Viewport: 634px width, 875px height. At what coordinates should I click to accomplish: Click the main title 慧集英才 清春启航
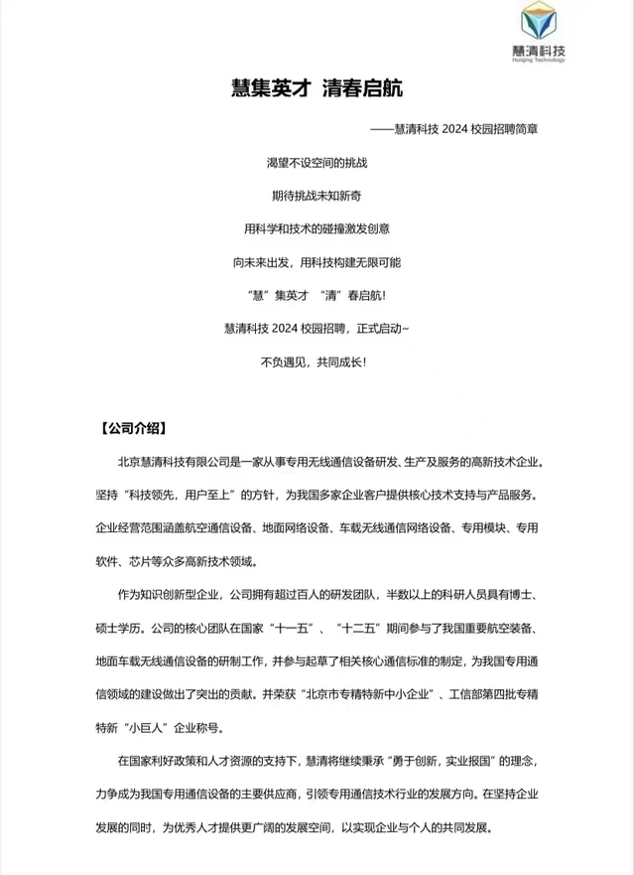pyautogui.click(x=317, y=88)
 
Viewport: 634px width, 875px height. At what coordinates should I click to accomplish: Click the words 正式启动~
pyautogui.click(x=375, y=328)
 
